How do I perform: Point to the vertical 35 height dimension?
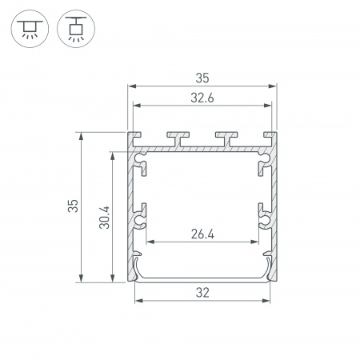click(x=73, y=207)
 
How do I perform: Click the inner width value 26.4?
click(x=202, y=234)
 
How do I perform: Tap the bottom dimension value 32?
click(x=202, y=293)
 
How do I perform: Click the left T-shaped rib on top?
click(x=177, y=138)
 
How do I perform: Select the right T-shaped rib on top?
click(x=228, y=138)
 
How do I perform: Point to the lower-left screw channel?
click(x=143, y=216)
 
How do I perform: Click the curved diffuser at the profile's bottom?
click(x=202, y=278)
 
